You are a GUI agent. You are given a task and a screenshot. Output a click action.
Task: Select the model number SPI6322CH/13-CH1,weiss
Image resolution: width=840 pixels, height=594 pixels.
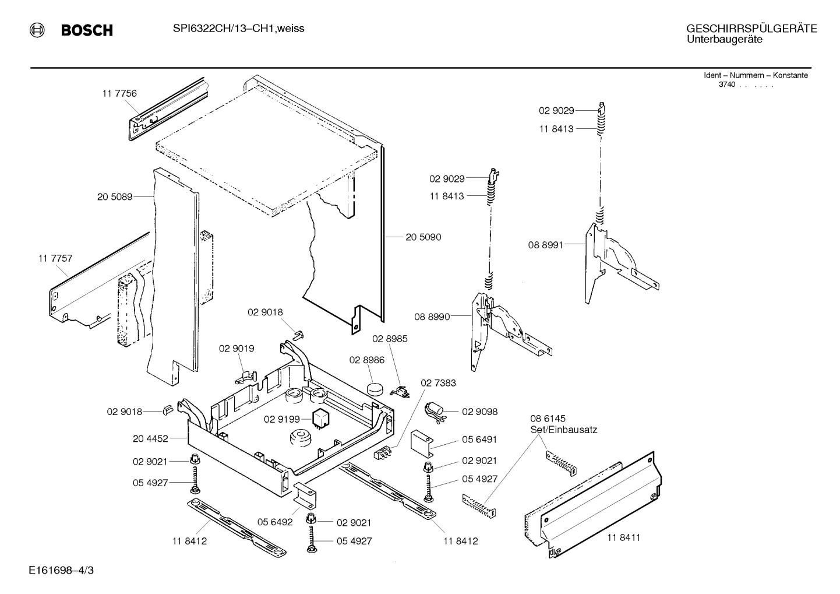click(238, 29)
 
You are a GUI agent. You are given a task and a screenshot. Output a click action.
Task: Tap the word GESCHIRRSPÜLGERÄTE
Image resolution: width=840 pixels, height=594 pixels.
click(751, 29)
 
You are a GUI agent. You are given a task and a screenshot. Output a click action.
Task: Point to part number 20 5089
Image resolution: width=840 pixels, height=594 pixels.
click(115, 197)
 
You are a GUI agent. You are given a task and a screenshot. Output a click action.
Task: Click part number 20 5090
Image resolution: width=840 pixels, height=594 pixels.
click(423, 237)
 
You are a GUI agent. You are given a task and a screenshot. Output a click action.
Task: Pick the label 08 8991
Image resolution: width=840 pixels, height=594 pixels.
click(546, 245)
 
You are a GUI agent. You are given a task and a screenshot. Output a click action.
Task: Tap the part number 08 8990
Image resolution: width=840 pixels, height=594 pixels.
click(432, 317)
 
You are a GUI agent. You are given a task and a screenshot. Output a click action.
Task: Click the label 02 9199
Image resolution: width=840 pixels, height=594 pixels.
click(281, 419)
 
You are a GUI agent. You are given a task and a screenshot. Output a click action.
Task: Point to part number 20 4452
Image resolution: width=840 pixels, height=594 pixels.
click(150, 438)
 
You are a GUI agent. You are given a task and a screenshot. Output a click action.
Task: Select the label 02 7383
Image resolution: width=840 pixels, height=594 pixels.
click(438, 383)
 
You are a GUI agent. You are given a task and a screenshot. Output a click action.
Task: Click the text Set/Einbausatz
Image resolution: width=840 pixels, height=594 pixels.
click(563, 430)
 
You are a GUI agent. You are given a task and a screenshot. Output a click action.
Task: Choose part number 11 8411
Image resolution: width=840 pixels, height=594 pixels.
click(623, 537)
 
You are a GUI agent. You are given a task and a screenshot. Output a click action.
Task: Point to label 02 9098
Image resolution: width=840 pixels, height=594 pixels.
click(479, 412)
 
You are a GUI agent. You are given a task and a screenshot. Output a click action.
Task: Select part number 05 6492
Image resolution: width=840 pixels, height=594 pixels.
click(275, 522)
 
